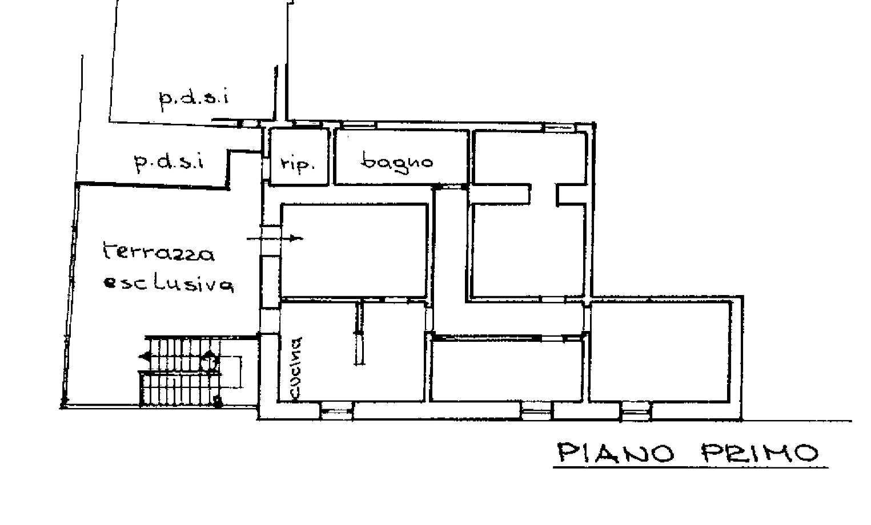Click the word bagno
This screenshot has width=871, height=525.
397,163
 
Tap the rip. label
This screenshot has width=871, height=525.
298,164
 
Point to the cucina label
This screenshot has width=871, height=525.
296,369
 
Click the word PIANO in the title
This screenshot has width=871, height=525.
616,453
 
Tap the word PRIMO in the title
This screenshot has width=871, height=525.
760,453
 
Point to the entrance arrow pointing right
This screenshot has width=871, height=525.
275,238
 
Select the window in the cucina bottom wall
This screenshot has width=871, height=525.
337,411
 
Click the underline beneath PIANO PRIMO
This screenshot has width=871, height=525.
690,467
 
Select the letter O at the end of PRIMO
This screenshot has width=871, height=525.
806,453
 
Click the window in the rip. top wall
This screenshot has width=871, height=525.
307,124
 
